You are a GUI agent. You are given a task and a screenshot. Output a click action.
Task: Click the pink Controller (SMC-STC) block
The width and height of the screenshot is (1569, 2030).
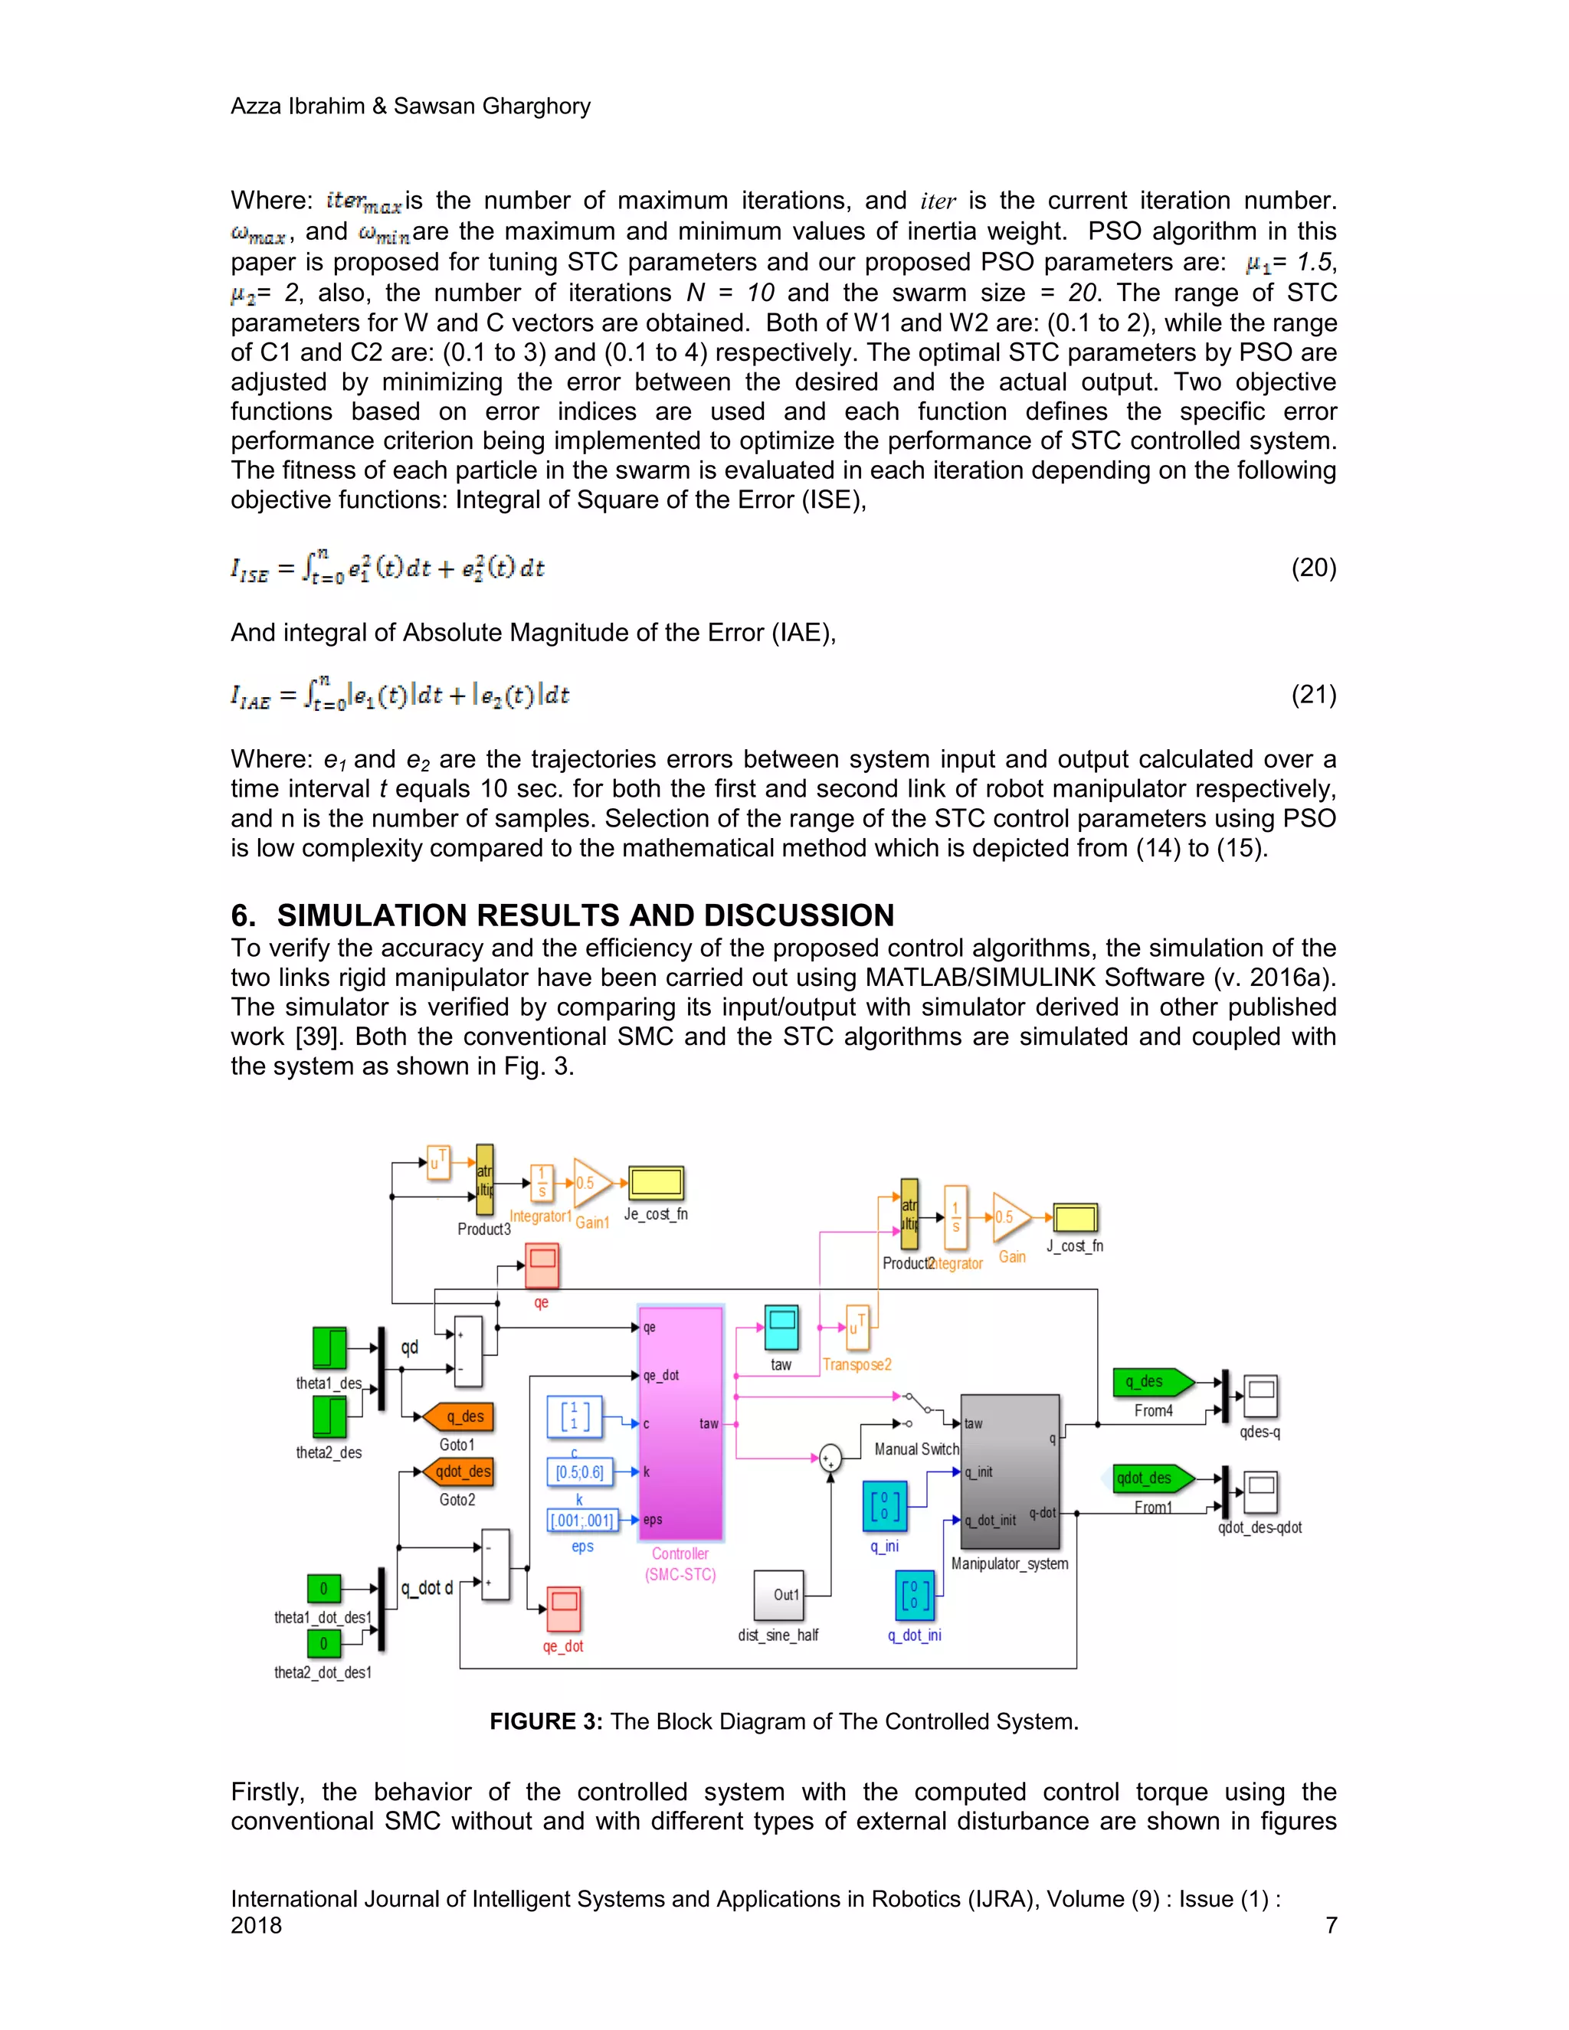tap(680, 1422)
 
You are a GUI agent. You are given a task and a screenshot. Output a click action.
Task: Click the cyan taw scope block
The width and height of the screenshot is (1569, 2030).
tap(781, 1328)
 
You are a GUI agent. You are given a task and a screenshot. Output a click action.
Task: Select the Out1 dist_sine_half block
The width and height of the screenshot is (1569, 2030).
tap(778, 1595)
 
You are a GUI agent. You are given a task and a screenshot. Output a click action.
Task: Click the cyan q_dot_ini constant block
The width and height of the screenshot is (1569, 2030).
tap(915, 1595)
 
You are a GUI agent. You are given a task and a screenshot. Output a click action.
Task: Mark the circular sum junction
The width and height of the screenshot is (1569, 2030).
tap(830, 1459)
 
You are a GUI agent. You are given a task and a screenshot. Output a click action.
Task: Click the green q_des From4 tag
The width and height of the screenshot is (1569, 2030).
tap(1152, 1382)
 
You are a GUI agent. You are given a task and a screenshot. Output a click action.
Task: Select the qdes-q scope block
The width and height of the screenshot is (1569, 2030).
tap(1261, 1395)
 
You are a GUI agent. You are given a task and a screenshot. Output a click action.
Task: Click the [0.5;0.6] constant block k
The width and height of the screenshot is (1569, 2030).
tap(579, 1472)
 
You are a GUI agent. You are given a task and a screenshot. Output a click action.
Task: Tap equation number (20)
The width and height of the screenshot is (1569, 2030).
tap(1313, 568)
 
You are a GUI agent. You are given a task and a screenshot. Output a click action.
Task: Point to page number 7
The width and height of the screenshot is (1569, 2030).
tap(1331, 1925)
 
